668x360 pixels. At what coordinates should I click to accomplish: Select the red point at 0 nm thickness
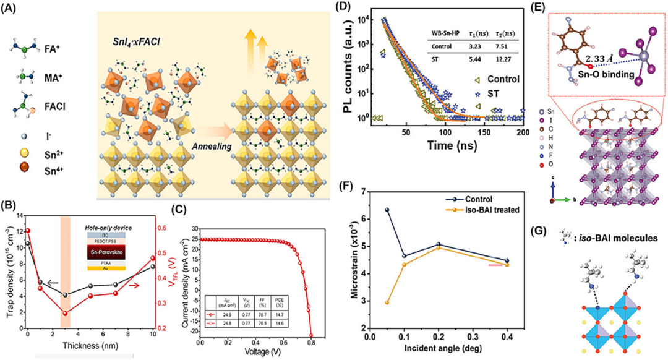(x=28, y=231)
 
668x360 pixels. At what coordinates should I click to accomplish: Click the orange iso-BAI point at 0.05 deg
(x=387, y=302)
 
